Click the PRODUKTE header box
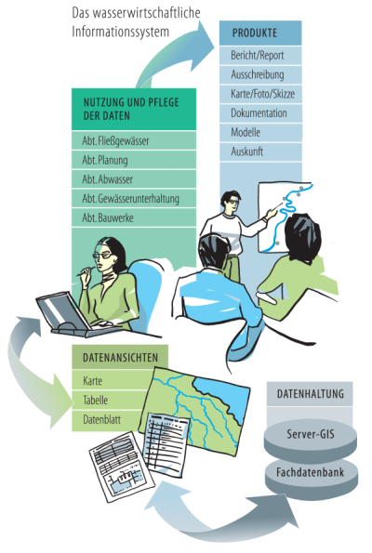tap(260, 33)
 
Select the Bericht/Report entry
tap(260, 56)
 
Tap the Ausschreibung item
tap(260, 74)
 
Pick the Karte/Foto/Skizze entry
tap(260, 94)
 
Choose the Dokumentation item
tap(260, 113)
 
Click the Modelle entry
tap(260, 132)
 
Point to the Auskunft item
tap(260, 151)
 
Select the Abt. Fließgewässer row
tap(134, 140)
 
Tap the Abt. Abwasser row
tap(134, 179)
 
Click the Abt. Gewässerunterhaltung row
tap(134, 199)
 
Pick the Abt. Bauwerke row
tap(134, 217)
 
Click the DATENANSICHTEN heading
tap(120, 357)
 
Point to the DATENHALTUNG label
tap(311, 393)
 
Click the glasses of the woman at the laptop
tap(102, 255)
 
